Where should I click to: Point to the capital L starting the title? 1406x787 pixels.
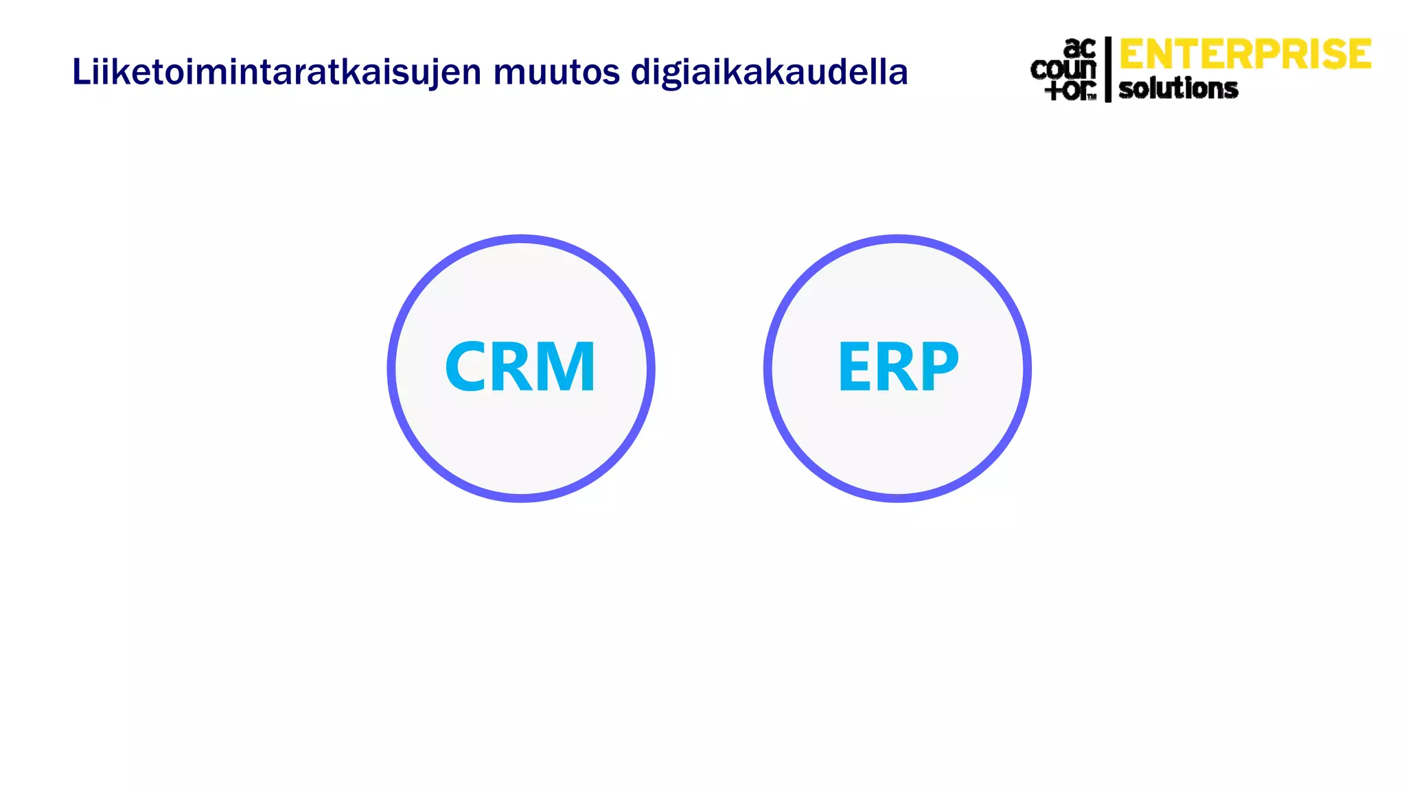81,72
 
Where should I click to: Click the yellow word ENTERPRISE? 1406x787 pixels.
1245,55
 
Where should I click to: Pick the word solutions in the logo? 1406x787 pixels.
1178,89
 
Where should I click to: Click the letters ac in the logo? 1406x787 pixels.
1079,49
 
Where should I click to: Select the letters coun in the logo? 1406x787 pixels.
1063,69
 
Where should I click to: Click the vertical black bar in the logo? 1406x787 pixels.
1108,69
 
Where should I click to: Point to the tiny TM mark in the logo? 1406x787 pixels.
1092,97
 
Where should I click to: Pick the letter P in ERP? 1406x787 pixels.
938,367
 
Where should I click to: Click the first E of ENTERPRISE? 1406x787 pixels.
1133,55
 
